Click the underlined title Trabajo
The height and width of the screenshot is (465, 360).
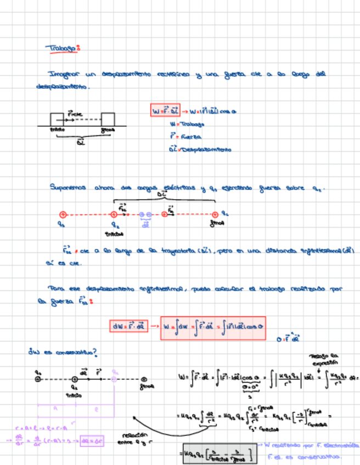click(x=62, y=48)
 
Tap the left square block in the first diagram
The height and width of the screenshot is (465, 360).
click(x=57, y=119)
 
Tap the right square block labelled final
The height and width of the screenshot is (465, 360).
click(x=108, y=119)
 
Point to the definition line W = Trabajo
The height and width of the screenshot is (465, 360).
click(x=187, y=124)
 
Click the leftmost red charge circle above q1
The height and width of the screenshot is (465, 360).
click(x=63, y=214)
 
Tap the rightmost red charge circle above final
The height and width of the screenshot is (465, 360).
click(x=215, y=214)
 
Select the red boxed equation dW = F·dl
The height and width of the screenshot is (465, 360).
click(x=131, y=327)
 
